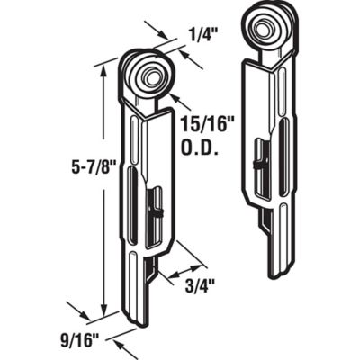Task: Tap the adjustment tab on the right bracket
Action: tap(258, 163)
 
